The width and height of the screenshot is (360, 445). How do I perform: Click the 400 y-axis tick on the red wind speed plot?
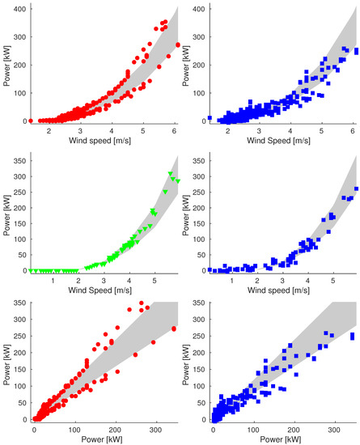18,8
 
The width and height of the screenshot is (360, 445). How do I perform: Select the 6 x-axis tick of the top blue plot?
353,131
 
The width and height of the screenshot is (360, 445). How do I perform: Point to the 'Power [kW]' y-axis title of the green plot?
6,217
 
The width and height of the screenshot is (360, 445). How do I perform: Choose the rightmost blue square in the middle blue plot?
356,189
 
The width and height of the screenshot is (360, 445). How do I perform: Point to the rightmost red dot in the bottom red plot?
174,328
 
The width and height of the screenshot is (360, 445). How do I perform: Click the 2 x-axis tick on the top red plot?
49,131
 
